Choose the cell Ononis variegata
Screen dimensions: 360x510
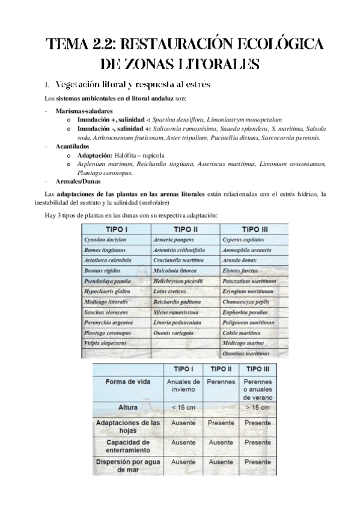point(175,331)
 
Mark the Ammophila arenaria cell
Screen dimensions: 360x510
point(248,250)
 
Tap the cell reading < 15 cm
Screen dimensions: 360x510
point(183,407)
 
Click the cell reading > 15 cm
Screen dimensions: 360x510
point(257,407)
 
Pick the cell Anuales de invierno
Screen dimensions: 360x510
point(183,386)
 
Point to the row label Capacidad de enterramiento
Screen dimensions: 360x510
point(128,445)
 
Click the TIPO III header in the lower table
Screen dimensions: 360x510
point(257,368)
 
